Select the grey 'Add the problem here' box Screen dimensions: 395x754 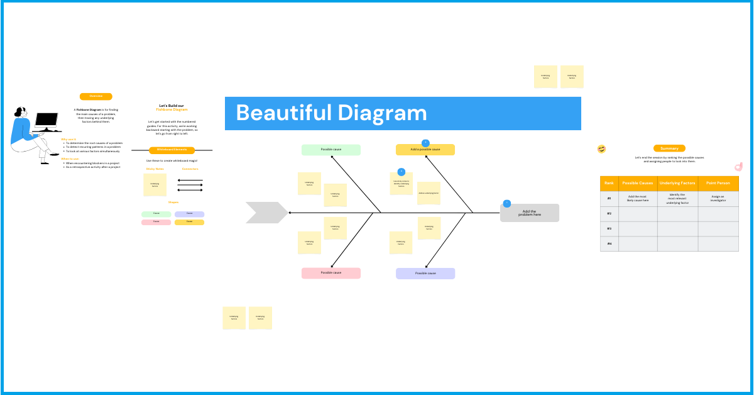(x=530, y=213)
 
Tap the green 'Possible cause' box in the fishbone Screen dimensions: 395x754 (x=331, y=150)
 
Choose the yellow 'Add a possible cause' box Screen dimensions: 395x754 (x=425, y=150)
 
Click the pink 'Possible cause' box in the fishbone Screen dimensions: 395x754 (x=331, y=273)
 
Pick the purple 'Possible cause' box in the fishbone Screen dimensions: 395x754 (x=425, y=274)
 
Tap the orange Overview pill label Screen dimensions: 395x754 (x=96, y=96)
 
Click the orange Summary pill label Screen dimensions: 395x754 (x=669, y=148)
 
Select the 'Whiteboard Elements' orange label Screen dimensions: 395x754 (x=172, y=150)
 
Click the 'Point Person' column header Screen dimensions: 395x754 (x=718, y=183)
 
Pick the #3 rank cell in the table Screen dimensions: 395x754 (x=609, y=228)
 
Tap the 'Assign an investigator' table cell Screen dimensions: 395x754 (x=718, y=198)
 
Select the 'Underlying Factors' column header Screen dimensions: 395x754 (x=677, y=183)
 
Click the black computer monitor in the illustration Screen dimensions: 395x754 (x=46, y=120)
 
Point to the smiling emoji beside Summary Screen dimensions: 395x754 (x=602, y=148)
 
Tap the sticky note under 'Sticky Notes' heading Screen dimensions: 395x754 (x=155, y=185)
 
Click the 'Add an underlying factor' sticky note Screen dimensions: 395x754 (x=429, y=193)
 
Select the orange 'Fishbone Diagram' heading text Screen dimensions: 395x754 (x=172, y=110)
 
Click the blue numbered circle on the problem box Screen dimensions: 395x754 (x=506, y=203)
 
